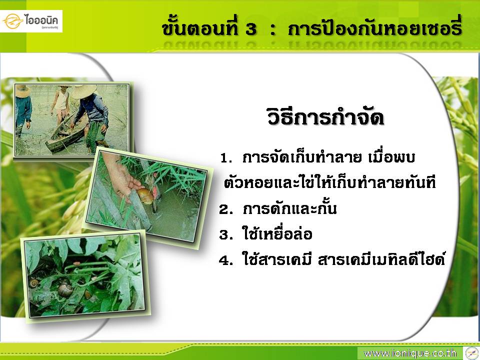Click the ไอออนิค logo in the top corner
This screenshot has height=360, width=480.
pyautogui.click(x=31, y=21)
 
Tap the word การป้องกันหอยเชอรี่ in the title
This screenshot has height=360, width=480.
pyautogui.click(x=374, y=27)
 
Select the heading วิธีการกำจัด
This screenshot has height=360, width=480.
pyautogui.click(x=325, y=116)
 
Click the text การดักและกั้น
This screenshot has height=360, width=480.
pyautogui.click(x=289, y=208)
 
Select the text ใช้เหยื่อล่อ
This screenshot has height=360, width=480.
pyautogui.click(x=277, y=233)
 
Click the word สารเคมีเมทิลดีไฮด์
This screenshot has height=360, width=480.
pyautogui.click(x=381, y=258)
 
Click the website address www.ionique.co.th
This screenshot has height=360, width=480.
pyautogui.click(x=410, y=353)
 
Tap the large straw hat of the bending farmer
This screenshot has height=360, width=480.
pyautogui.click(x=83, y=91)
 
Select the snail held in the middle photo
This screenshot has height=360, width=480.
pyautogui.click(x=145, y=193)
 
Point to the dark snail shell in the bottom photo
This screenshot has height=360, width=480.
pyautogui.click(x=65, y=288)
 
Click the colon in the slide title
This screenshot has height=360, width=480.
pyautogui.click(x=273, y=29)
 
